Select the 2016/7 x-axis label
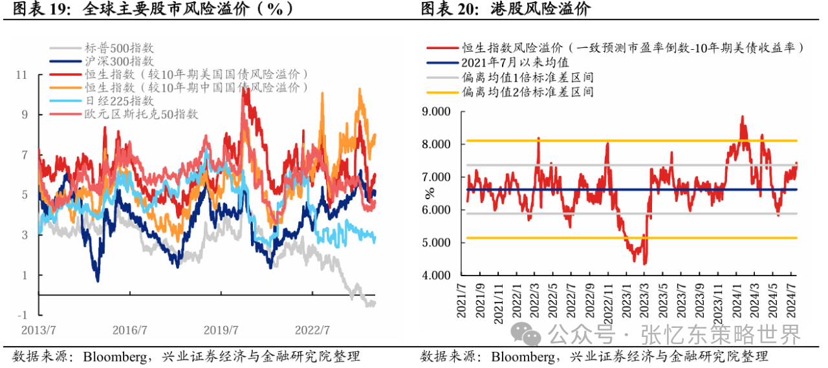click(130, 330)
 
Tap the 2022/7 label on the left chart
click(312, 330)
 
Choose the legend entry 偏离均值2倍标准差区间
click(527, 92)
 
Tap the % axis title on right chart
click(430, 193)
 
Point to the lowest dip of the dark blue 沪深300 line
click(97, 279)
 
